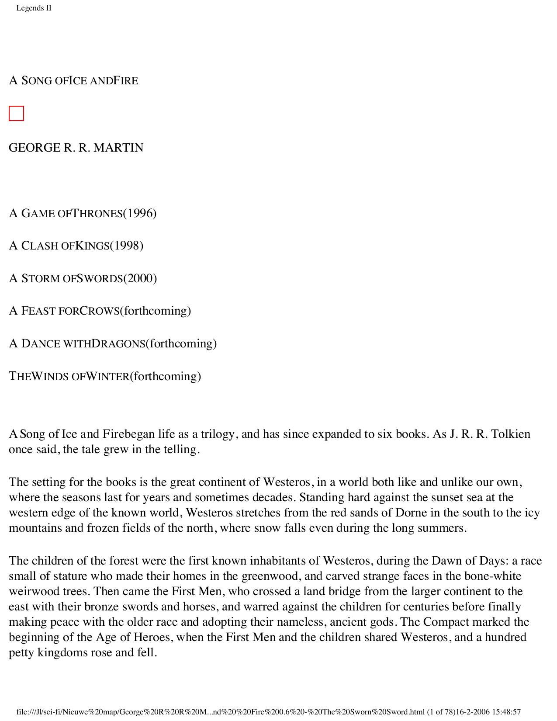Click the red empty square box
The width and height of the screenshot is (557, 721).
16,114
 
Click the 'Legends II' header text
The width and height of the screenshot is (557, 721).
34,8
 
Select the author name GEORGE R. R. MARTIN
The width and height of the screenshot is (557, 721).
76,148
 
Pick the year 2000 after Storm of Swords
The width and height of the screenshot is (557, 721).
140,278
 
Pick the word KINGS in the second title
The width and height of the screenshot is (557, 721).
92,246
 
